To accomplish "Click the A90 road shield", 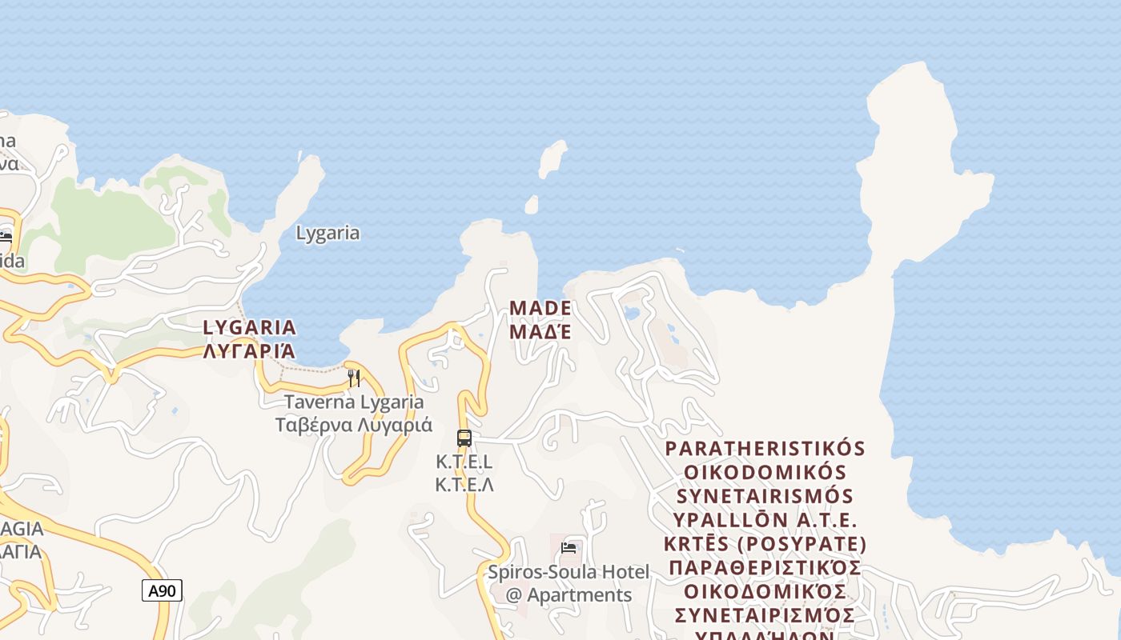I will click(162, 591).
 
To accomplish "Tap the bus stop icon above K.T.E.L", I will click(464, 438).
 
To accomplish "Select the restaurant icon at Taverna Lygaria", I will click(353, 378).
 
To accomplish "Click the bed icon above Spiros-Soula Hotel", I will click(569, 548).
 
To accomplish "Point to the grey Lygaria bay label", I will click(327, 234).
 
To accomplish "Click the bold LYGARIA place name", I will click(250, 327).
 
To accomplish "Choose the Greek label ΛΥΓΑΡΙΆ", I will click(250, 350).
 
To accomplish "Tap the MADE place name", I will click(540, 308).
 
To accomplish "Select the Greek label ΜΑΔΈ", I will click(540, 330).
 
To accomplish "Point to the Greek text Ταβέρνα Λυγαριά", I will click(354, 425).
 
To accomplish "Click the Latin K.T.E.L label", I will click(464, 462).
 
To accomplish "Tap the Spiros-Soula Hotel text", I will click(569, 573).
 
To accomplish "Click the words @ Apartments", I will click(569, 595).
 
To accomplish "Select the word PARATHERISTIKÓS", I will click(765, 448).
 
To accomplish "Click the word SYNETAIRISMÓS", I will click(765, 496).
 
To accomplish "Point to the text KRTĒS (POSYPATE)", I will click(765, 544).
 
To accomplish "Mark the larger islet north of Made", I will click(552, 159).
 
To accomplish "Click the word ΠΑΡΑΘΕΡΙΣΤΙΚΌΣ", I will click(765, 568).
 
